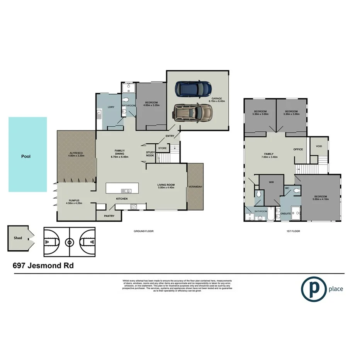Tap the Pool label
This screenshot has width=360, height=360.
(x=26, y=157)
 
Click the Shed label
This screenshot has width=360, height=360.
(x=17, y=238)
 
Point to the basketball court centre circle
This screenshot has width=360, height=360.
(x=70, y=243)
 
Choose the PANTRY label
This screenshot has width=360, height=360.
(x=109, y=216)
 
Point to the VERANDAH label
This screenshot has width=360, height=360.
(x=196, y=187)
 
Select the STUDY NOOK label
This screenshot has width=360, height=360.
(x=150, y=154)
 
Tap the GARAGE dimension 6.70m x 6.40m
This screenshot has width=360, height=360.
(x=217, y=101)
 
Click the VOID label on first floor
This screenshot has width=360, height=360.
(x=319, y=146)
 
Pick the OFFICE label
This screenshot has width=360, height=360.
(x=298, y=149)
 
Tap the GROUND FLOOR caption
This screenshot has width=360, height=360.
(x=144, y=231)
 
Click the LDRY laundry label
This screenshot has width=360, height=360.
(x=110, y=107)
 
